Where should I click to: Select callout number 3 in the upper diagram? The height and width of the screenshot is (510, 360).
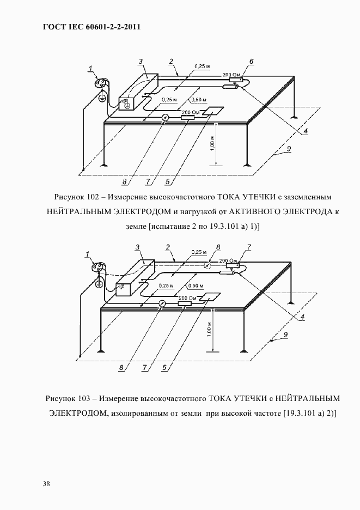[x=141, y=62]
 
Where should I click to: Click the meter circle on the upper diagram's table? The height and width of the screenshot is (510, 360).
[x=165, y=118]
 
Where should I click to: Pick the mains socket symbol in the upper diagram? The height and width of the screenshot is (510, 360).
[x=101, y=83]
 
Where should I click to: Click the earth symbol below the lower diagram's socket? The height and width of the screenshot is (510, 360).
[x=99, y=283]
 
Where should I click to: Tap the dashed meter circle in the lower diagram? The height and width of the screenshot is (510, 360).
[x=208, y=266]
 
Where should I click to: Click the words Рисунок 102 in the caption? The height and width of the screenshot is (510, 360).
[x=74, y=196]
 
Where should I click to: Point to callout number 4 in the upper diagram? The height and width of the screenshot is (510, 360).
[x=306, y=131]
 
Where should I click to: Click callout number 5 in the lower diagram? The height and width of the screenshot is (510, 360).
[x=164, y=367]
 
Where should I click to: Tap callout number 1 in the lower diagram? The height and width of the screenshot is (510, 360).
[x=88, y=253]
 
